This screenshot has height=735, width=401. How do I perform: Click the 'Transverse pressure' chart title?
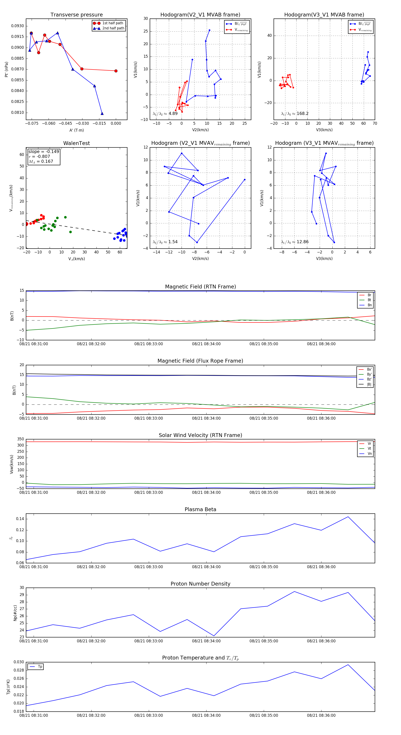76,15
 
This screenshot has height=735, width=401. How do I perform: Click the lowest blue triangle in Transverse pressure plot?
102,114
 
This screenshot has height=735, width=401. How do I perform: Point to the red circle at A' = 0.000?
116,71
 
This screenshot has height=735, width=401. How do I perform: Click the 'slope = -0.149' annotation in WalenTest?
44,151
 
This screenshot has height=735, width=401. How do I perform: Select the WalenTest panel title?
76,143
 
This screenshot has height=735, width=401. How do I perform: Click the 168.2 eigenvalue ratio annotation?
303,114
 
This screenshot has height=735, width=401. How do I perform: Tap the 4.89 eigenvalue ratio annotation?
173,114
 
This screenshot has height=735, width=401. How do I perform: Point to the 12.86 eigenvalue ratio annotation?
303,242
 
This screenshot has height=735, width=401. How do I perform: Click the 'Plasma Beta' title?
200,509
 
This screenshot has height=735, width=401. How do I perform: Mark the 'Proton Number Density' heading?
200,584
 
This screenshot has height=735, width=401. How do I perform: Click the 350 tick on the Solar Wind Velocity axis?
20,439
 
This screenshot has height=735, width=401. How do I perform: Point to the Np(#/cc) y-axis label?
15,613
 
